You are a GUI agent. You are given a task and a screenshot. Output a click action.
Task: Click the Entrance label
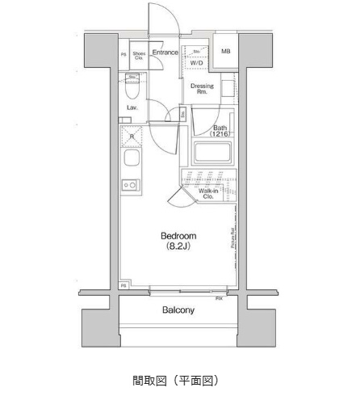click(x=165, y=53)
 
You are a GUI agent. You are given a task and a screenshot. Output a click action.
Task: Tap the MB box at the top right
click(x=226, y=52)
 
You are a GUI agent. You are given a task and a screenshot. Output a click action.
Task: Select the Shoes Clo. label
click(x=139, y=56)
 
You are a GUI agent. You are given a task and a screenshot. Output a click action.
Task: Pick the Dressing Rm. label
click(x=202, y=89)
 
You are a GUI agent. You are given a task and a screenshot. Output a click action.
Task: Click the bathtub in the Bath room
click(x=211, y=151)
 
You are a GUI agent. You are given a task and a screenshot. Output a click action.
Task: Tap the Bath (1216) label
click(x=220, y=131)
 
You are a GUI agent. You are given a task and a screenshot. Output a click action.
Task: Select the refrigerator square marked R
click(x=132, y=136)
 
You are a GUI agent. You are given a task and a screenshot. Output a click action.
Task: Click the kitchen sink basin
click(x=131, y=158)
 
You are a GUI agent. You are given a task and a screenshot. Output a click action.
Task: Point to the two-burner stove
click(x=130, y=184)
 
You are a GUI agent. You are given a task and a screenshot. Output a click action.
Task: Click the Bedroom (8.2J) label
click(x=178, y=240)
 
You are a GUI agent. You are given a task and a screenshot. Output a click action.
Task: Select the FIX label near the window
click(x=219, y=298)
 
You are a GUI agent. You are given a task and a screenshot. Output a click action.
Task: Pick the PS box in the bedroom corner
click(x=123, y=286)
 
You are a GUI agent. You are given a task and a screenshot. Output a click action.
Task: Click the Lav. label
click(x=132, y=107)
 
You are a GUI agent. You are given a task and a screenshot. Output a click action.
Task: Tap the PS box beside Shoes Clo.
click(x=123, y=56)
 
